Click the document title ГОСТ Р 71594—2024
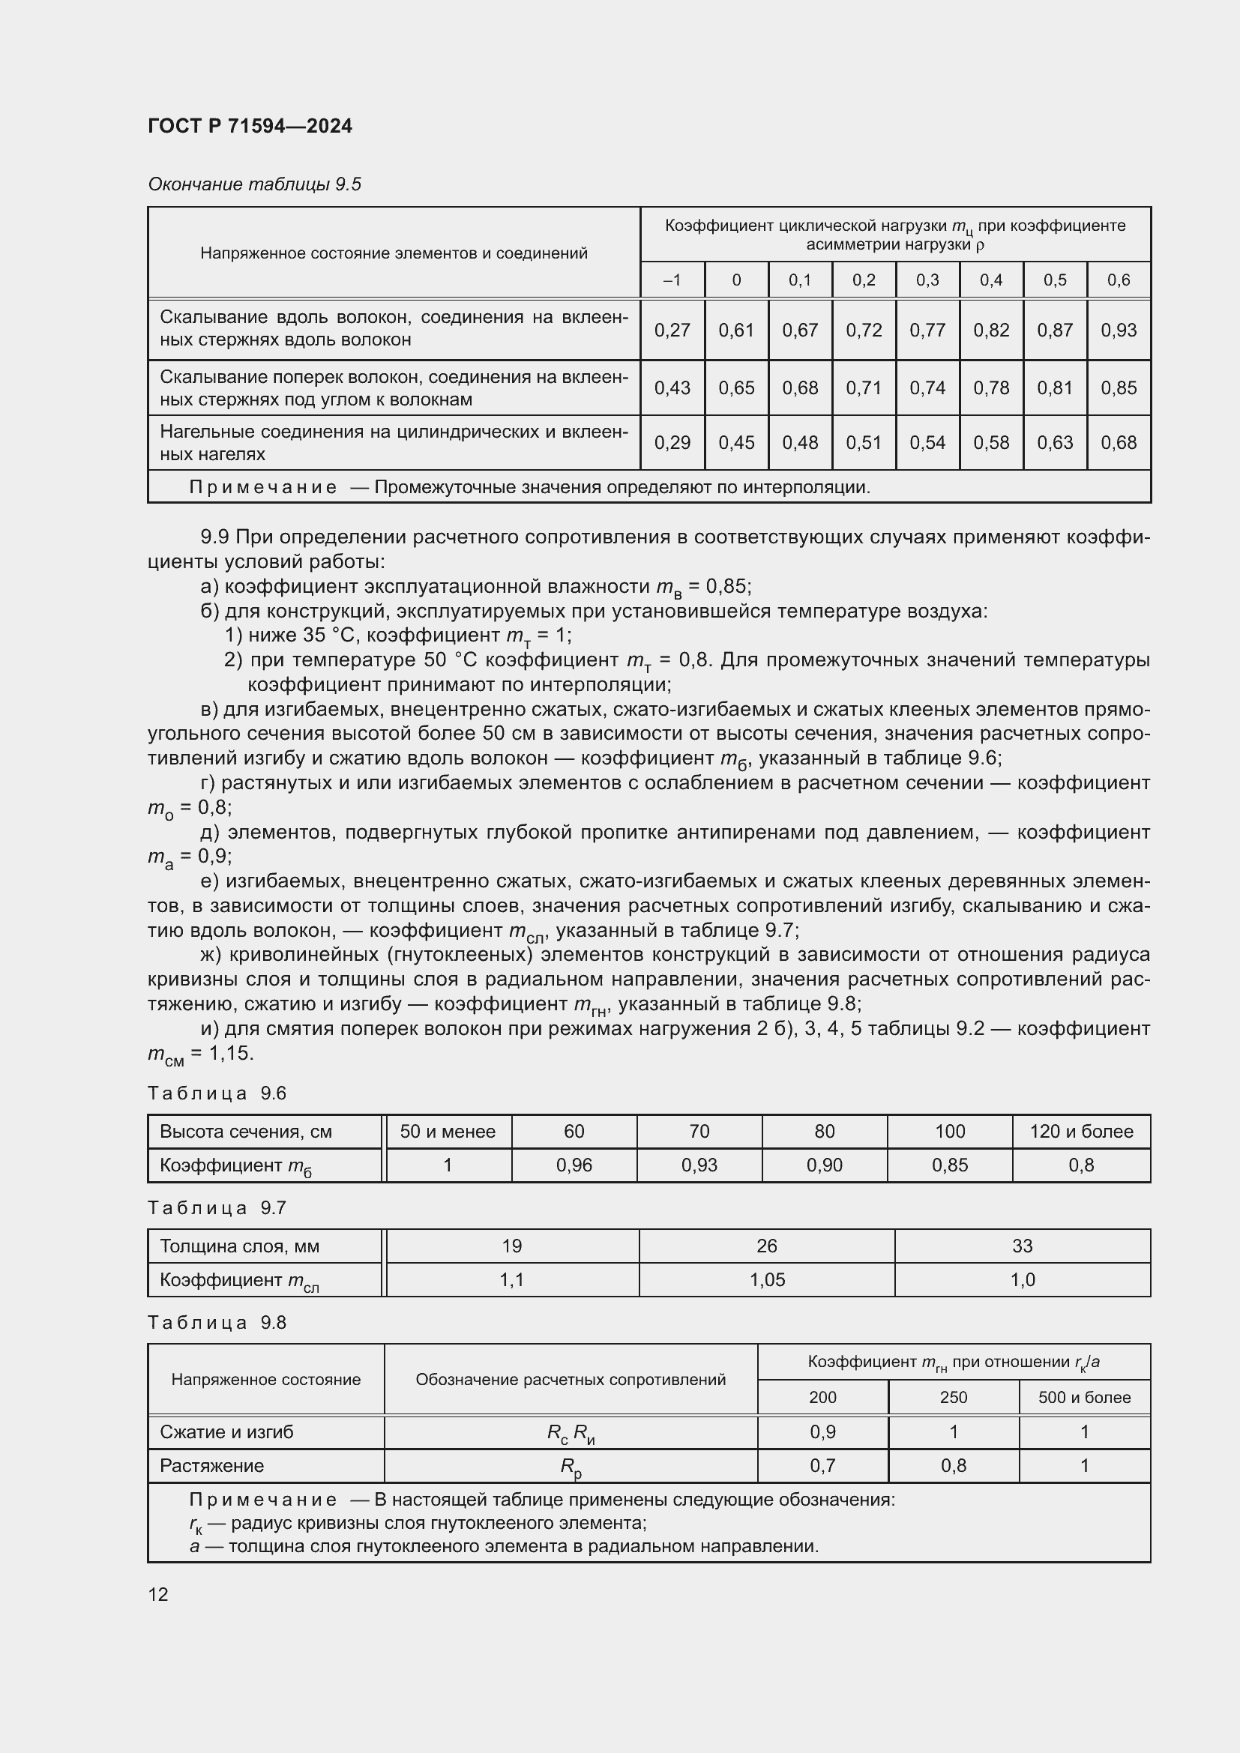[x=250, y=126]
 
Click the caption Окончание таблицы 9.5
[x=254, y=184]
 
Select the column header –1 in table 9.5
[x=672, y=280]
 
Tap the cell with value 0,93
[x=1118, y=330]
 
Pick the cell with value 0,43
[x=672, y=388]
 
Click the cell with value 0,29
[x=672, y=443]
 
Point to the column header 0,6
[x=1118, y=280]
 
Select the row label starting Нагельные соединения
[x=394, y=443]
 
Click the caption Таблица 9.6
[x=217, y=1093]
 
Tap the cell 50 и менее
[x=448, y=1132]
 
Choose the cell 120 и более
[x=1080, y=1132]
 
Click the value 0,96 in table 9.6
[x=574, y=1165]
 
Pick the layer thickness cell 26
[x=766, y=1246]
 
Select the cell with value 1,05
[x=766, y=1279]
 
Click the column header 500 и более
[x=1083, y=1397]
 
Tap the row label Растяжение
[x=211, y=1465]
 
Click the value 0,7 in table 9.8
[x=822, y=1465]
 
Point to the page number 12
[x=158, y=1594]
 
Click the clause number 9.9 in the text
[x=214, y=537]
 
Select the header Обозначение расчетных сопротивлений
[x=571, y=1380]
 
